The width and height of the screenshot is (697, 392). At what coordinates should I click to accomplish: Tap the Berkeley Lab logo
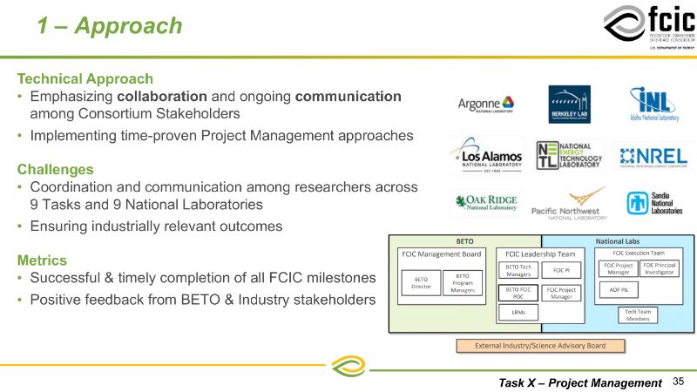click(569, 105)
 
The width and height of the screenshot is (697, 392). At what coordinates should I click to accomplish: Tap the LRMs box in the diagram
click(519, 312)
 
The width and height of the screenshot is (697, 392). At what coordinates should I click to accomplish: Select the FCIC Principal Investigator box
click(660, 268)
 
